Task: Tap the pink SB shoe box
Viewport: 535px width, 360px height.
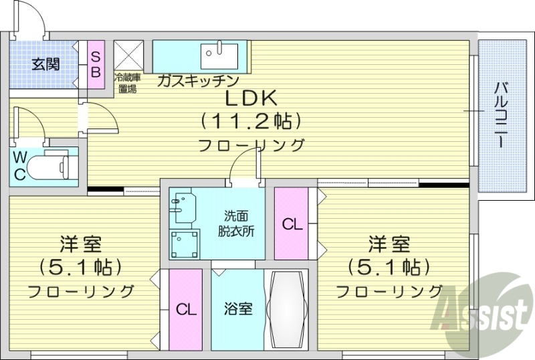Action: pyautogui.click(x=96, y=64)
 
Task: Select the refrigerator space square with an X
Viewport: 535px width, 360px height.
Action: pyautogui.click(x=128, y=55)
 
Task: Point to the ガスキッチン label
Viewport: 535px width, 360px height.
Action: pyautogui.click(x=198, y=81)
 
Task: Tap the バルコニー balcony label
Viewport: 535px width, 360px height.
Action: pyautogui.click(x=500, y=116)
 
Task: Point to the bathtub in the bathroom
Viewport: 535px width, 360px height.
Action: pyautogui.click(x=286, y=308)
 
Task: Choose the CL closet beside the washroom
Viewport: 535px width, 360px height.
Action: pyautogui.click(x=292, y=224)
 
